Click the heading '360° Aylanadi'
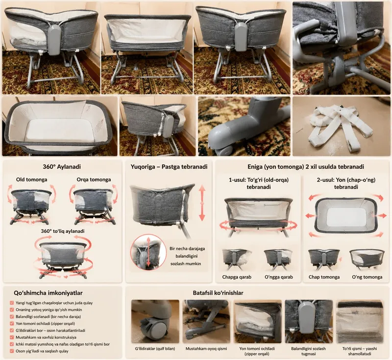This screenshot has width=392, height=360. click(62, 167)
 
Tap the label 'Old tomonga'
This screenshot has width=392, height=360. click(31, 180)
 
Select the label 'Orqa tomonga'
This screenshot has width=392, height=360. click(94, 180)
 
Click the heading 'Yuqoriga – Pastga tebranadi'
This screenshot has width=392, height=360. click(169, 167)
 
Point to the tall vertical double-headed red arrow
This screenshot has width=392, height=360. click(202, 203)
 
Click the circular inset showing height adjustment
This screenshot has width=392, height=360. click(148, 252)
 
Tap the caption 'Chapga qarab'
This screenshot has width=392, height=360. click(237, 277)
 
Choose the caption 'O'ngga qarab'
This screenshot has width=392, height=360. click(279, 277)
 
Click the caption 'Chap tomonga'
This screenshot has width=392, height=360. click(324, 277)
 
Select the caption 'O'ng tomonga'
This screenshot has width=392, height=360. click(367, 277)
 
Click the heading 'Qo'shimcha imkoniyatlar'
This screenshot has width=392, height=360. click(48, 293)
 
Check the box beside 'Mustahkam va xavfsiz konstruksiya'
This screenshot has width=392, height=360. click(12, 337)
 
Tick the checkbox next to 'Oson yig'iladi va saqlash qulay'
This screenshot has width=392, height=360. click(12, 351)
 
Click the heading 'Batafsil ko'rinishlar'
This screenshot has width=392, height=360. click(218, 293)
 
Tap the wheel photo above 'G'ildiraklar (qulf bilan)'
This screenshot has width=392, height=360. click(155, 321)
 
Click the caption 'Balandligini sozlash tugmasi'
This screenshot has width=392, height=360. click(308, 351)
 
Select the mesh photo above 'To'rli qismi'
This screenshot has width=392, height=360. click(360, 321)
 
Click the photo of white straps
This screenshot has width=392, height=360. click(342, 127)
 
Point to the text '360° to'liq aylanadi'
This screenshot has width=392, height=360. click(63, 231)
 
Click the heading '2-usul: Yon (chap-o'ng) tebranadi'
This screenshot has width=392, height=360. click(346, 183)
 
